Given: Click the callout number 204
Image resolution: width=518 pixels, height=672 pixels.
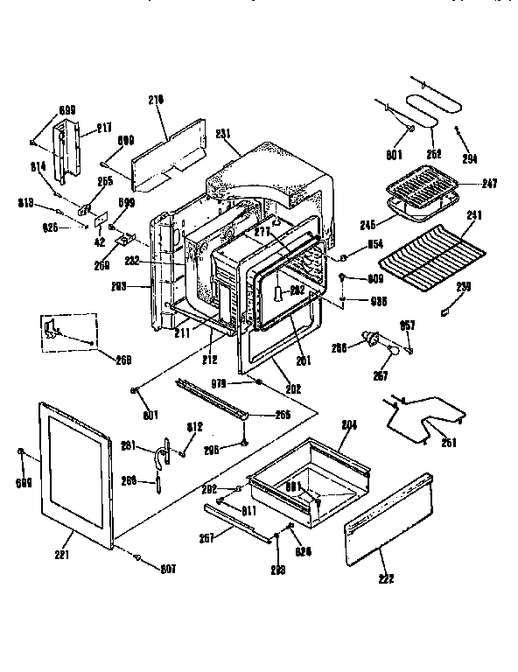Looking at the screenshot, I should (x=349, y=426).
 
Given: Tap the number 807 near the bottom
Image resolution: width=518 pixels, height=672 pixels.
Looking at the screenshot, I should (x=168, y=569).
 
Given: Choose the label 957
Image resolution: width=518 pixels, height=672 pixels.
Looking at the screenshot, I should (x=408, y=325).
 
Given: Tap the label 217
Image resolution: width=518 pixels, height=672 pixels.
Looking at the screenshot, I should (x=103, y=128).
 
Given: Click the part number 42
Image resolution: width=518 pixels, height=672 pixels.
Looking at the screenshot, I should (x=99, y=241).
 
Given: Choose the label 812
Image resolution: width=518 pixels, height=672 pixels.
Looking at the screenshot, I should (x=194, y=427).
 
